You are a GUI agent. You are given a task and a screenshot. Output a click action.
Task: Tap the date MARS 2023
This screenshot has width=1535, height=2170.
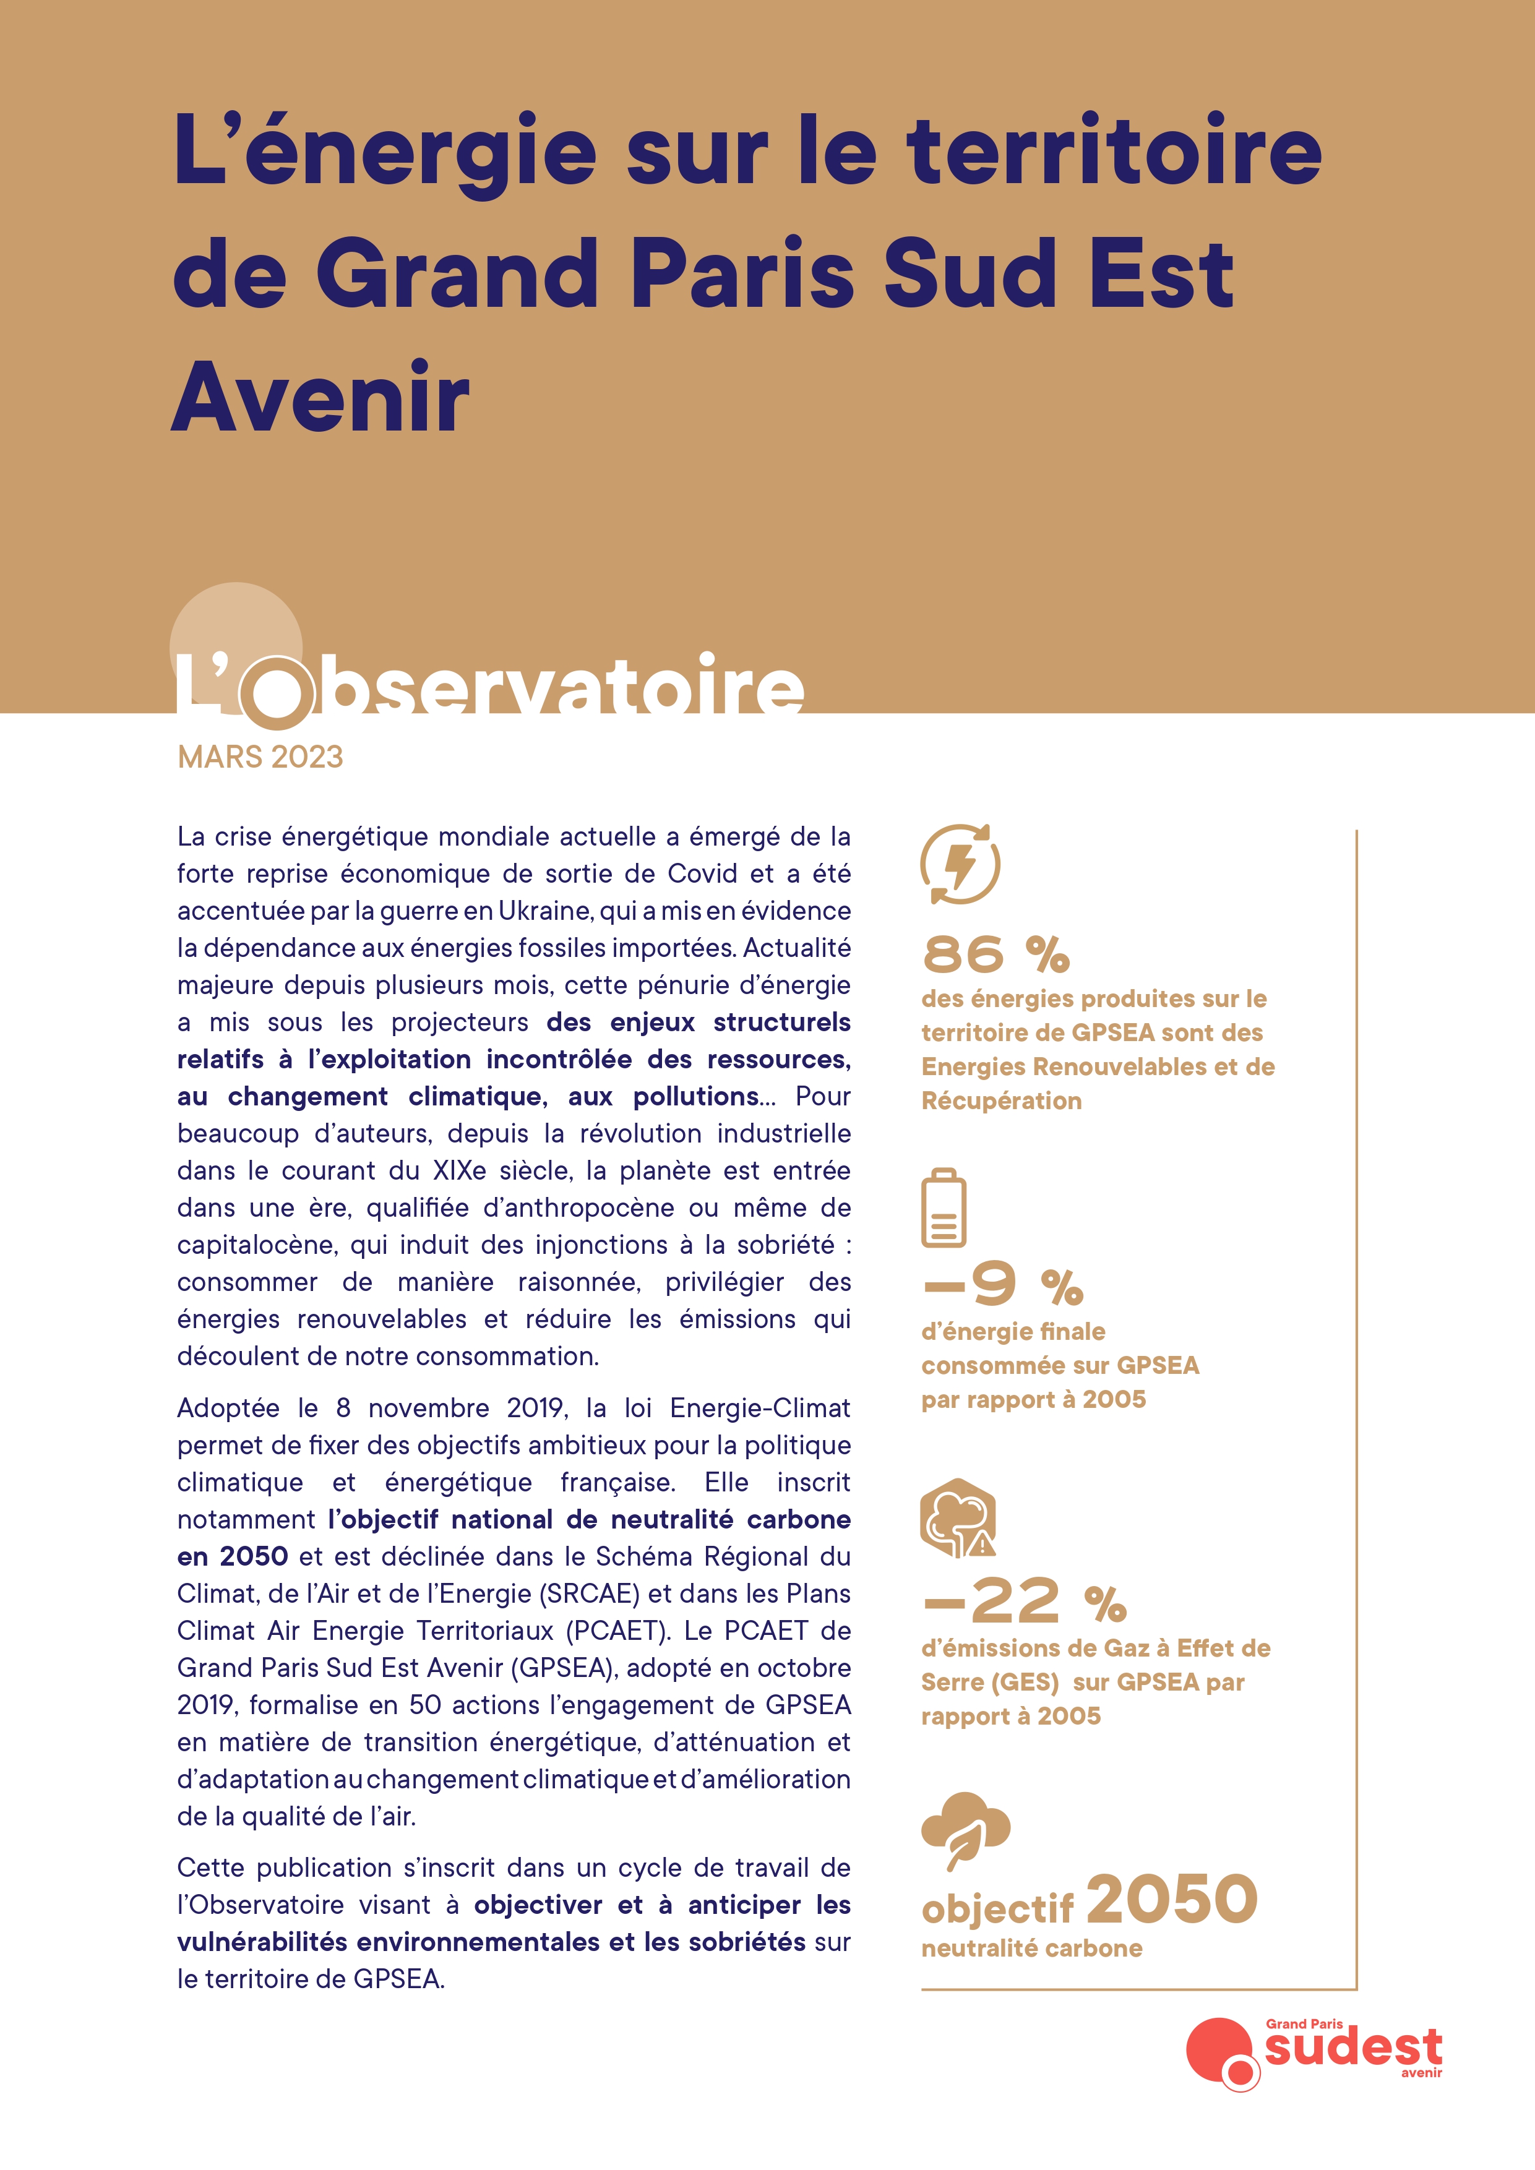(x=260, y=757)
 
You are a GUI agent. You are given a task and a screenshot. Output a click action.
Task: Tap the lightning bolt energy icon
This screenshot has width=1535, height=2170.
(x=960, y=864)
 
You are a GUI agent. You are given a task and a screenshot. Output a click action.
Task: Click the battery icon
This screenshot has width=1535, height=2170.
(x=944, y=1208)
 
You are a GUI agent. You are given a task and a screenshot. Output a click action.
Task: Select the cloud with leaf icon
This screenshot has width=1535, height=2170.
(x=964, y=1829)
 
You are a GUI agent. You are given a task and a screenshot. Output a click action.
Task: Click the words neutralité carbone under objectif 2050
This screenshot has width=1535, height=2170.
(x=1031, y=1949)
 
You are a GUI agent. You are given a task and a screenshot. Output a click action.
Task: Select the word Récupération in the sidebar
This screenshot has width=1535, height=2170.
(x=1001, y=1101)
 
